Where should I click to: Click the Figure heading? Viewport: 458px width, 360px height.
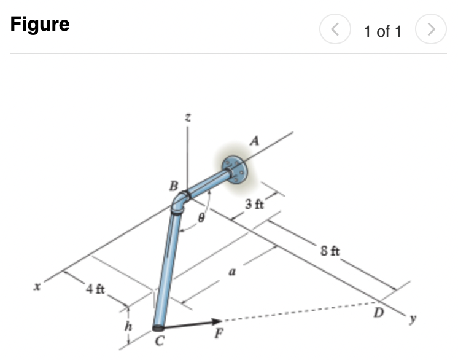tap(40, 25)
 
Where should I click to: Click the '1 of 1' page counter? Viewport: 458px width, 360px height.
tap(382, 31)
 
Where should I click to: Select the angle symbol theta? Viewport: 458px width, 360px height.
tap(200, 217)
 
